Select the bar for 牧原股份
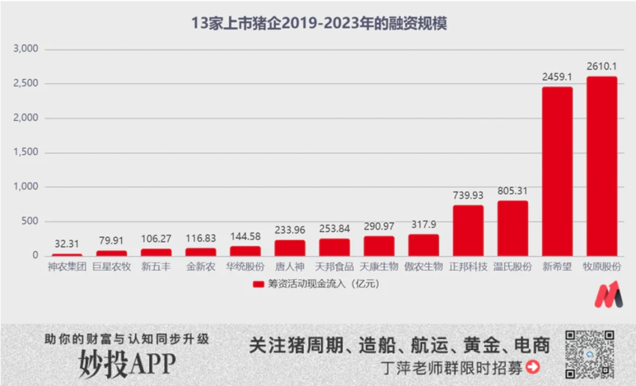click(602, 166)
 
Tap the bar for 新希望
click(557, 171)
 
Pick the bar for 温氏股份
click(513, 228)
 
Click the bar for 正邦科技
click(468, 230)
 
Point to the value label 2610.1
click(602, 67)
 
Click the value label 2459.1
click(557, 77)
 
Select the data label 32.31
click(67, 244)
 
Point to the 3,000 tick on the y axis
click(26, 49)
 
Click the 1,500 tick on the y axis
click(26, 153)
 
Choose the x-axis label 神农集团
click(67, 266)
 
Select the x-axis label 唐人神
click(290, 266)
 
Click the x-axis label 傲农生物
click(424, 266)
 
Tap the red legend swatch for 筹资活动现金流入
click(257, 284)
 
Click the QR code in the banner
click(589, 354)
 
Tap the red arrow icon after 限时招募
click(533, 367)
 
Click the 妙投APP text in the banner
click(127, 364)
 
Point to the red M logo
click(608, 295)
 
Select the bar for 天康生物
click(379, 246)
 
